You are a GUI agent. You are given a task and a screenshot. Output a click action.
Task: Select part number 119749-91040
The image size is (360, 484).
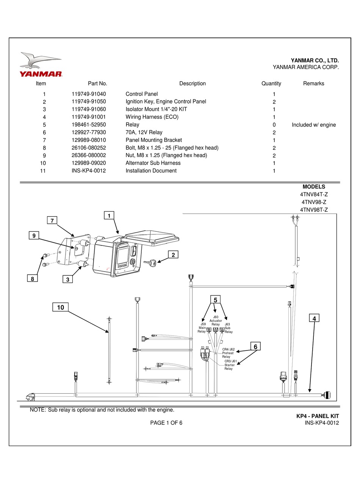(x=89, y=94)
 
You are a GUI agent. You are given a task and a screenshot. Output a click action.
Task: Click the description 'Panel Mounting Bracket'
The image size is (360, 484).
(x=153, y=140)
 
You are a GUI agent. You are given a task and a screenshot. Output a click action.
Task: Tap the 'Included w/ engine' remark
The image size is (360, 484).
(x=313, y=125)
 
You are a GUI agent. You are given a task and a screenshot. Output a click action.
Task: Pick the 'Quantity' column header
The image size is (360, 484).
(x=271, y=83)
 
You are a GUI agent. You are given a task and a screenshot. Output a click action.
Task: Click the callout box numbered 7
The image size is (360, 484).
(x=53, y=220)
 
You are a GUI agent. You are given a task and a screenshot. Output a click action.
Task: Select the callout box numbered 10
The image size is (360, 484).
(x=61, y=307)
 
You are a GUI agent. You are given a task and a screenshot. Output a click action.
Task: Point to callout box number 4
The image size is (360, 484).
(x=314, y=319)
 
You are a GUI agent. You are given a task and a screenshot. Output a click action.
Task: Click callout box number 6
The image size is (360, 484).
(x=255, y=347)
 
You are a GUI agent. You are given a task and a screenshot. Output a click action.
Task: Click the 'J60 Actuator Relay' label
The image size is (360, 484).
(x=216, y=321)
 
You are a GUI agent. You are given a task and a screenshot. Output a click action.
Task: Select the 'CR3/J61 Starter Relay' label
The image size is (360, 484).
(x=230, y=365)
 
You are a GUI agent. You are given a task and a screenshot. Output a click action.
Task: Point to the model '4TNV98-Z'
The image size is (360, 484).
(x=313, y=202)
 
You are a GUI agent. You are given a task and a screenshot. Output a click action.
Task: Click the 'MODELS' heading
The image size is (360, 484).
(x=313, y=187)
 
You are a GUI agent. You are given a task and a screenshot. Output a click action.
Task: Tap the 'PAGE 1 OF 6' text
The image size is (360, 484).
(x=166, y=423)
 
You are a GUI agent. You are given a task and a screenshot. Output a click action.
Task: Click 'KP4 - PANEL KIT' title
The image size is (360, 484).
(x=317, y=416)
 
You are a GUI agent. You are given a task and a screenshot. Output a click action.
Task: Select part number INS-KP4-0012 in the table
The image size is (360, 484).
(x=89, y=171)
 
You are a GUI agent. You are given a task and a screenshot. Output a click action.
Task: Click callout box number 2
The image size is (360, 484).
(x=173, y=255)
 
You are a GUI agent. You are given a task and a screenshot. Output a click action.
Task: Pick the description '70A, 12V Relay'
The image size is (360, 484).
(x=144, y=132)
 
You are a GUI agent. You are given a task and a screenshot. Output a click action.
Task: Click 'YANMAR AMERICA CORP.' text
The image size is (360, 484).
(x=306, y=67)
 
